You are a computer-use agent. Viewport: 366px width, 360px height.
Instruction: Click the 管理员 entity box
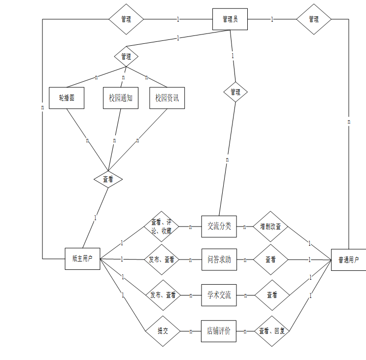[x=230, y=19]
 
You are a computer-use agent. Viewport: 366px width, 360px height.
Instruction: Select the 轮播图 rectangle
[x=67, y=98]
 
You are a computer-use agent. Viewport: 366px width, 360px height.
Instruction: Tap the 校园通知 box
[x=121, y=98]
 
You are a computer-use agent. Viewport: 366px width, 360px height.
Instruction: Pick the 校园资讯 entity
[x=167, y=98]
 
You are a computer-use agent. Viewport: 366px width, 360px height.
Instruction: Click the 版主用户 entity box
[x=82, y=259]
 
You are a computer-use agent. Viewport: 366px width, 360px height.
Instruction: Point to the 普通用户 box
[x=348, y=260]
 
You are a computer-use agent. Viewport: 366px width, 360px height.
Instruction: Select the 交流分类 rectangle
[x=219, y=227]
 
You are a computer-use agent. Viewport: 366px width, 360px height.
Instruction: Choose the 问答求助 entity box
[x=219, y=259]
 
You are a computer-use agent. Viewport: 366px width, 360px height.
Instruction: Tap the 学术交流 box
[x=219, y=295]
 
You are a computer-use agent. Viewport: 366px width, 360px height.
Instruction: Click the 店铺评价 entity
[x=219, y=331]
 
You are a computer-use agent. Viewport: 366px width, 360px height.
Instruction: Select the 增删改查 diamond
[x=270, y=227]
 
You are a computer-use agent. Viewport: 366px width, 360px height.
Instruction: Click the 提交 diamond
[x=163, y=331]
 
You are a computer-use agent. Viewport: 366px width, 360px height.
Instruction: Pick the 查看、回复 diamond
[x=272, y=331]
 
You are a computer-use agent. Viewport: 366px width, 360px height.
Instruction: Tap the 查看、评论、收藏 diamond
[x=162, y=227]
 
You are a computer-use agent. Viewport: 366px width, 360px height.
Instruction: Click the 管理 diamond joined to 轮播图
[x=126, y=57]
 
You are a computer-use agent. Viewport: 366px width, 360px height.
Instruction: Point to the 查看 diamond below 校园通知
[x=108, y=179]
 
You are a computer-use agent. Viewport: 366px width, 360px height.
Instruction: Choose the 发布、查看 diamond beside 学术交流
[x=163, y=295]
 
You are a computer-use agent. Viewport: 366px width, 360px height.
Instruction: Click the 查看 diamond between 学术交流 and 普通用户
[x=272, y=295]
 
